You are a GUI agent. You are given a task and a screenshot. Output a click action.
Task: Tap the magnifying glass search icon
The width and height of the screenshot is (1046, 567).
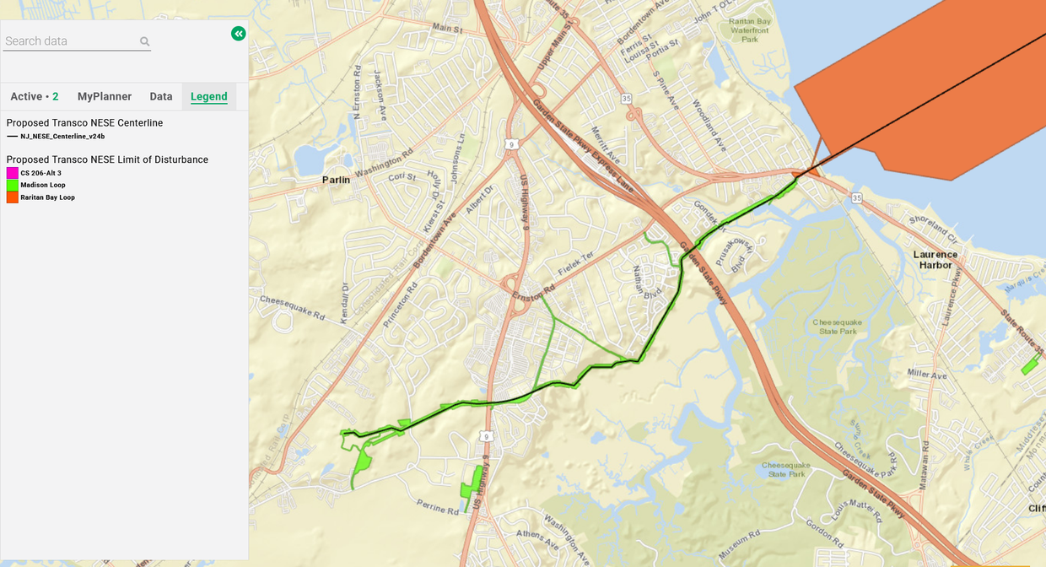(145, 41)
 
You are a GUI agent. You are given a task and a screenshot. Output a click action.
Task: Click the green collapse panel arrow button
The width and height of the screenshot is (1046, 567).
(239, 34)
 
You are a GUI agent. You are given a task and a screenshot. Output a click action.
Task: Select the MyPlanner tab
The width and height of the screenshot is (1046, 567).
(105, 97)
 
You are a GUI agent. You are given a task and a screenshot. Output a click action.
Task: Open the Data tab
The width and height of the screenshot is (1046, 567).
(161, 97)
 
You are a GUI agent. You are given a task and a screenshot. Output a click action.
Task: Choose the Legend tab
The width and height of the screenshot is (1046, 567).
(209, 97)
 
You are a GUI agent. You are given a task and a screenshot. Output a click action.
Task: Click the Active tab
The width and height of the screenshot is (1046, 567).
(34, 97)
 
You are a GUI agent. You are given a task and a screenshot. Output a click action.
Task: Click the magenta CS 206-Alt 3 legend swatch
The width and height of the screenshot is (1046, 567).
(13, 173)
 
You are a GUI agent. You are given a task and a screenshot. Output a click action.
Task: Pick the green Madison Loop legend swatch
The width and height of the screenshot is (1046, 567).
(13, 185)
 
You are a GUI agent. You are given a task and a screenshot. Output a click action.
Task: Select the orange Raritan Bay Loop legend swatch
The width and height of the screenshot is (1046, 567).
(13, 197)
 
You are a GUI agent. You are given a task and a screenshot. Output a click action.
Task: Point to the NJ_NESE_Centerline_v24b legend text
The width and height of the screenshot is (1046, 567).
(62, 136)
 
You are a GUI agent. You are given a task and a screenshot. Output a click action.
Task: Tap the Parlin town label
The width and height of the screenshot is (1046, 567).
(336, 180)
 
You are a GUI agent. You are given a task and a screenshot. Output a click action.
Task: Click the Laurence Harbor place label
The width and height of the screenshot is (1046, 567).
(935, 260)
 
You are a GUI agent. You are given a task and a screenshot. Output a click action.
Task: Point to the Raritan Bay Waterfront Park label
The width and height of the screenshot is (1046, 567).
(750, 30)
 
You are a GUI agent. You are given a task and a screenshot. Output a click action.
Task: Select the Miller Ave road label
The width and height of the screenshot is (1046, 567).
(928, 373)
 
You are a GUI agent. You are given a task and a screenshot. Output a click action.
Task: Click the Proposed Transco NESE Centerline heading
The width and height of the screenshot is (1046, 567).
(84, 123)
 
